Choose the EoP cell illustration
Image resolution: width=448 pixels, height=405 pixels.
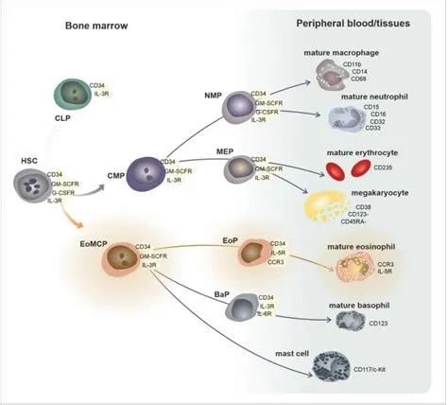tap(253, 255)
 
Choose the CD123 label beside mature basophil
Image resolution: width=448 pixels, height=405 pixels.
tap(378, 324)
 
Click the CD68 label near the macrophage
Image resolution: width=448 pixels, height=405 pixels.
tap(359, 79)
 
